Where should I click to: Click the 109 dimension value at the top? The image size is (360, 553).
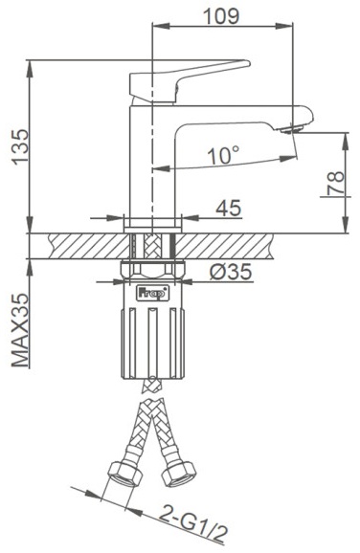point(221,16)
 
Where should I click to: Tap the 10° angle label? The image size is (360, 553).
point(223,156)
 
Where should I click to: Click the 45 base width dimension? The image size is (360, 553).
point(229,208)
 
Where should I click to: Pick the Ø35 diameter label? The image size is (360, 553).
point(231,272)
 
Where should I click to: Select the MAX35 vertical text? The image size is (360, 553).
point(20,330)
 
